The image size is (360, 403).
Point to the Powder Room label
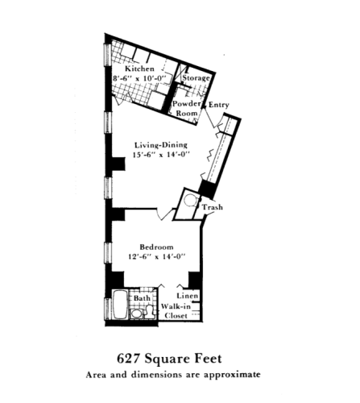pyautogui.click(x=186, y=110)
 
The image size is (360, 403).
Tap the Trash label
pyautogui.click(x=213, y=208)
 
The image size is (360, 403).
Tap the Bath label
pyautogui.click(x=142, y=298)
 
